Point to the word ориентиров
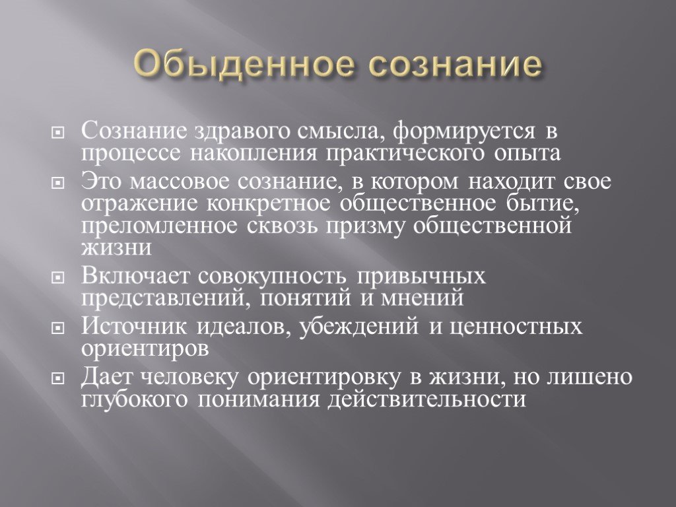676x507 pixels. point(145,349)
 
